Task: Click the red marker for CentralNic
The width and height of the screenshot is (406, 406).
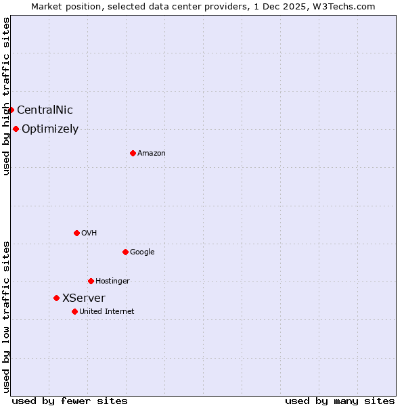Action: click(11, 110)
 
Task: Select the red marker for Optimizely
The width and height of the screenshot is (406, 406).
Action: click(16, 129)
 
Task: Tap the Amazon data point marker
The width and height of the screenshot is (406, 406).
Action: click(133, 153)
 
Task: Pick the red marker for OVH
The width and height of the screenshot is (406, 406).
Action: click(76, 233)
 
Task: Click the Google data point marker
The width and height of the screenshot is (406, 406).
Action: click(125, 252)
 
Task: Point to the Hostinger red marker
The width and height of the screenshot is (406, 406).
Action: click(91, 281)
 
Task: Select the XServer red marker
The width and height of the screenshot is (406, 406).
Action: click(56, 298)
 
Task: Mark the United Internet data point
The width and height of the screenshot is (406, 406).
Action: click(74, 311)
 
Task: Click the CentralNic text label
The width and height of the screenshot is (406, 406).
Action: click(45, 110)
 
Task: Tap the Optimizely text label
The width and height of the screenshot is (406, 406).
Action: click(50, 129)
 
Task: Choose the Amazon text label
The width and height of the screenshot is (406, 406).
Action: click(152, 154)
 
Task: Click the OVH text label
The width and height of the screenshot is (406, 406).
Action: click(89, 233)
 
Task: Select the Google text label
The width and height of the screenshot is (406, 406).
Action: click(142, 252)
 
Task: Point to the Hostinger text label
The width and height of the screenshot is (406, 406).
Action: click(112, 281)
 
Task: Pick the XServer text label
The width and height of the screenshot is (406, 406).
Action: click(84, 298)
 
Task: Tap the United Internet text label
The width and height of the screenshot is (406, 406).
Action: click(107, 312)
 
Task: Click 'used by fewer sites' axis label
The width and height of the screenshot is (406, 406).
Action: click(70, 401)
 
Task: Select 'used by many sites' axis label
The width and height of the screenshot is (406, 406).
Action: click(340, 401)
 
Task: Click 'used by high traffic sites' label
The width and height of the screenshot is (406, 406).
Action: click(6, 96)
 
